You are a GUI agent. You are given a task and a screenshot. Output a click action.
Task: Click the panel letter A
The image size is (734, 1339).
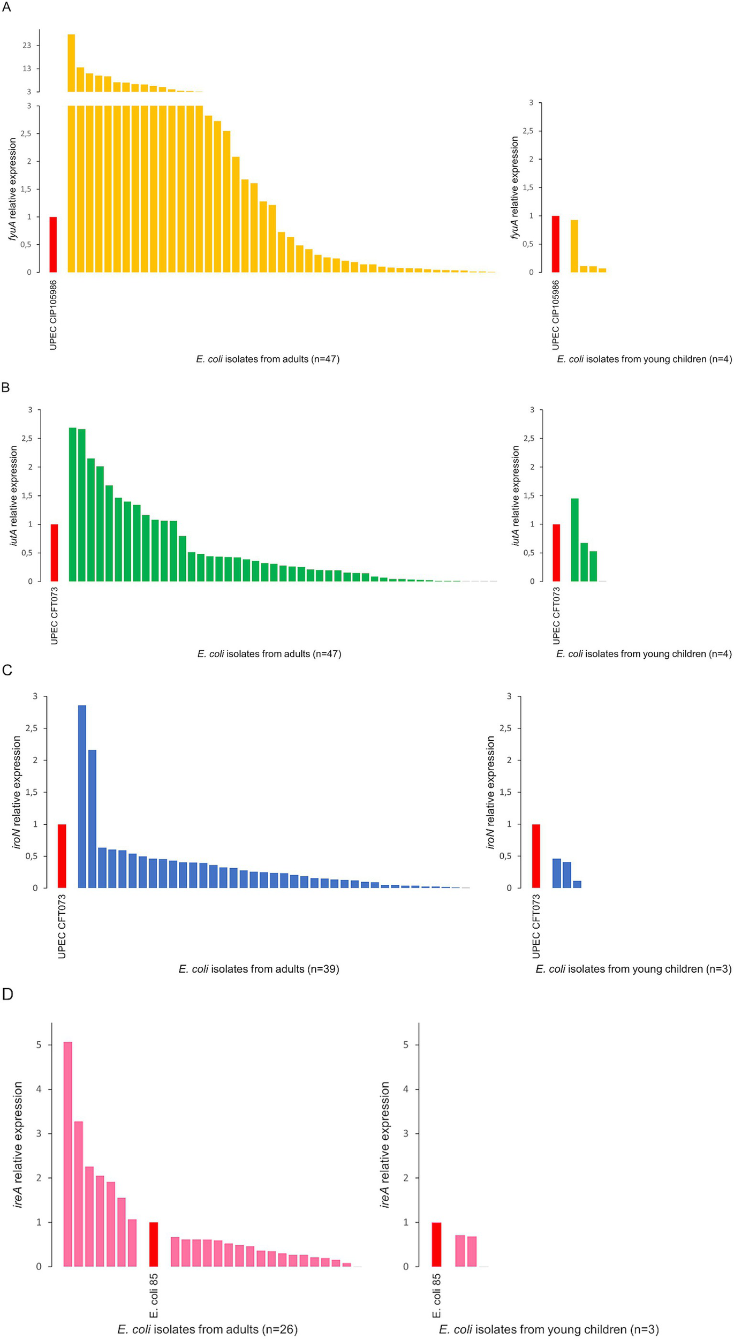coord(6,7)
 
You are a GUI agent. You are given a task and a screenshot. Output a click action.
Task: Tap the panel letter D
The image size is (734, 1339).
coord(7,994)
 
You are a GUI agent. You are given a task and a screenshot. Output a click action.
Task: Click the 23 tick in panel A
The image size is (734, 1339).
coord(27,46)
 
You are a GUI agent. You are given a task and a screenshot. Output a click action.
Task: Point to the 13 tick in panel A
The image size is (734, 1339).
coord(27,69)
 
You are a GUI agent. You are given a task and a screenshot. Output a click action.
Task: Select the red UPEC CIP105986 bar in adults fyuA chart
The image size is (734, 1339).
coord(53,244)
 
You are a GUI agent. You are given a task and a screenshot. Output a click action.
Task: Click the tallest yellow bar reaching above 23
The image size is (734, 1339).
coord(71,63)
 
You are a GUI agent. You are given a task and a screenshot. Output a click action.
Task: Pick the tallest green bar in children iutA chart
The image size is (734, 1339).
coord(574,539)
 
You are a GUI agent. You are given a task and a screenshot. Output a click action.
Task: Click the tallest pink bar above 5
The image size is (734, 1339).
coord(68,1154)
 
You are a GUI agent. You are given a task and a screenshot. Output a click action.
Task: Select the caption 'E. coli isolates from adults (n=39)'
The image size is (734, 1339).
coord(259,969)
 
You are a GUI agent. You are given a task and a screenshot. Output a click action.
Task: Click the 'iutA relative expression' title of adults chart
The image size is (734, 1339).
coord(13,495)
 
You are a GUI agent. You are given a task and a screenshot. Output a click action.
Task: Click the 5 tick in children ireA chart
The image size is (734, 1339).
coord(406,1045)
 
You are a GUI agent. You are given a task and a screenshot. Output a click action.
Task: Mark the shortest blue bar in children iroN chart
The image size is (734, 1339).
coord(577,884)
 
